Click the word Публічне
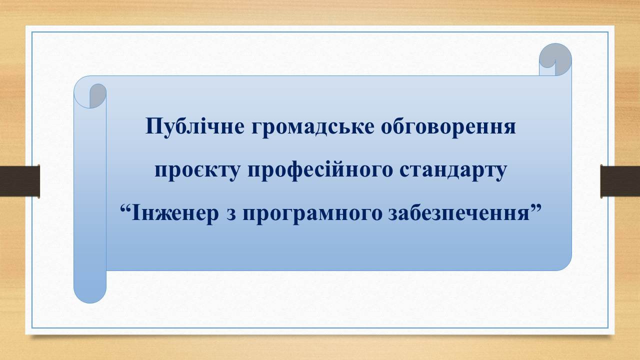coord(195,126)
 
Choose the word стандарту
coord(453,171)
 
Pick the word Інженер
coord(175,213)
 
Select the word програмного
coord(312,215)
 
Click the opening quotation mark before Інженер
coord(125,207)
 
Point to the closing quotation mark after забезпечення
coord(535,207)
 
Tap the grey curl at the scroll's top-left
coord(97,95)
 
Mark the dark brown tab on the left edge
coord(19,181)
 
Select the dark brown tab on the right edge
coord(620,181)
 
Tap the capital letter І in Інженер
coord(136,213)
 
